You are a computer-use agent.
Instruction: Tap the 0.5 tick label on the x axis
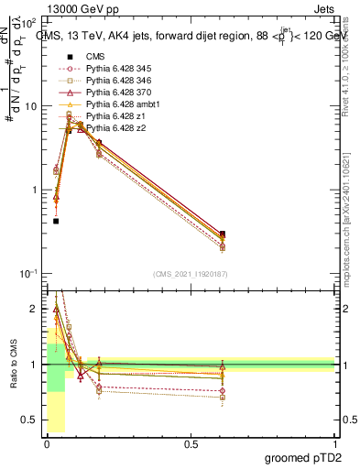(191, 443)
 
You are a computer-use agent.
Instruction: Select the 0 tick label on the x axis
(48, 443)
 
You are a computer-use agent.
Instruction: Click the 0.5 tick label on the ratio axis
(29, 420)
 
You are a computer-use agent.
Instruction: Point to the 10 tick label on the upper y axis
(30, 106)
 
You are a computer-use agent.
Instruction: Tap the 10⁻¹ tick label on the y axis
(27, 274)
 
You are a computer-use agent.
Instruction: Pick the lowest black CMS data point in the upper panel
(56, 221)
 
